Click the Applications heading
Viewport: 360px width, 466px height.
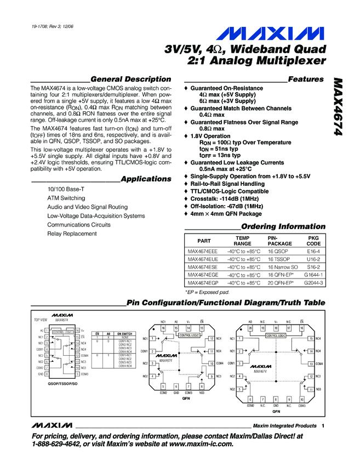146,179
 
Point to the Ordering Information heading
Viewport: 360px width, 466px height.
283,226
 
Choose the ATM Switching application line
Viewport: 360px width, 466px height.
66,198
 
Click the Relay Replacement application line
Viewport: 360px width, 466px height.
72,234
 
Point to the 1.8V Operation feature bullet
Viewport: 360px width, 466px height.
210,136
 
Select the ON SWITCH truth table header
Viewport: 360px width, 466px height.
125,333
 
